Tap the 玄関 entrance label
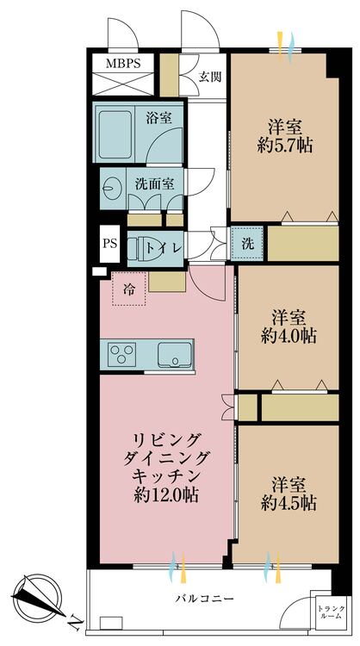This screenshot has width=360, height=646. pyautogui.click(x=210, y=76)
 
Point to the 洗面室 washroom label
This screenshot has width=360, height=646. pyautogui.click(x=155, y=183)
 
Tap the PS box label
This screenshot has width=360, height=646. pyautogui.click(x=110, y=243)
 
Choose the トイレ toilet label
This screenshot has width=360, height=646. pyautogui.click(x=163, y=247)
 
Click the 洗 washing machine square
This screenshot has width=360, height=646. pyautogui.click(x=246, y=242)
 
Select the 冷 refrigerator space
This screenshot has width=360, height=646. pyautogui.click(x=128, y=288)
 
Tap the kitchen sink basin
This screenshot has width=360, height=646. pyautogui.click(x=176, y=353)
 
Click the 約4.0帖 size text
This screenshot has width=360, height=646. pyautogui.click(x=289, y=335)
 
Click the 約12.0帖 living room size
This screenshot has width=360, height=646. pyautogui.click(x=166, y=494)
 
